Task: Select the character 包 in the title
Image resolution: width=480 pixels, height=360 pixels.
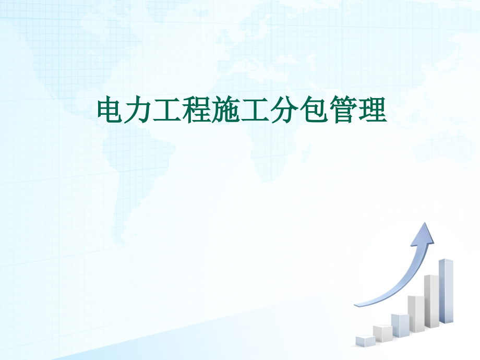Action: click(x=315, y=110)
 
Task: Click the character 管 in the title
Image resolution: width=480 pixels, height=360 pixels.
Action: click(x=343, y=110)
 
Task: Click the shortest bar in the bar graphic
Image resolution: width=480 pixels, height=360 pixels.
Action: click(x=364, y=341)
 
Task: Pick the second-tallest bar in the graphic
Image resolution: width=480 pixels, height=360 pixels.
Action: click(x=431, y=301)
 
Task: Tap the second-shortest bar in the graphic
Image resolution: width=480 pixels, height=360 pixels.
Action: click(x=382, y=333)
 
